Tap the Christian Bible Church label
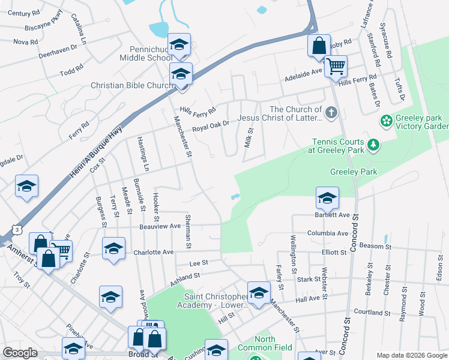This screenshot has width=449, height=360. coord(131,86)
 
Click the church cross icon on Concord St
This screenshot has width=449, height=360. coord(331,112)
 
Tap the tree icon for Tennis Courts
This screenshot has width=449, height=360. coord(373,145)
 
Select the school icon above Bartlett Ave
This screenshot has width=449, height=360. coord(327,197)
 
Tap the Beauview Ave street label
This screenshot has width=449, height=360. coord(160,226)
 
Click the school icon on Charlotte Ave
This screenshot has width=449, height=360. coord(113,249)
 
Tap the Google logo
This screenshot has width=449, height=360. coord(20,353)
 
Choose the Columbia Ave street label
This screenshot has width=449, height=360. coord(328,233)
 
